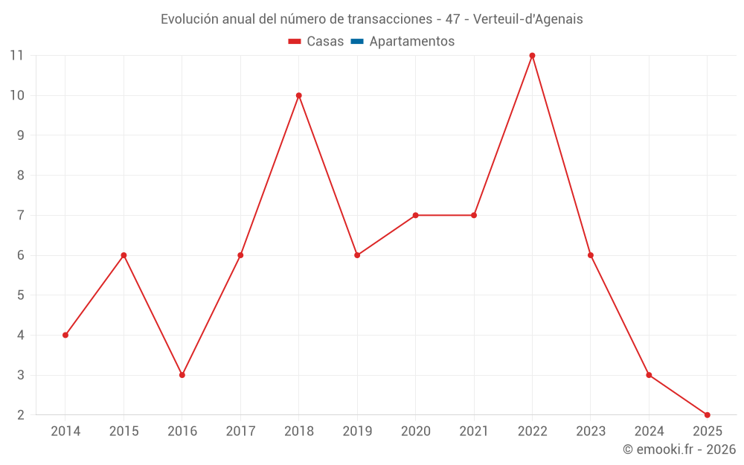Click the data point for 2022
(x=532, y=55)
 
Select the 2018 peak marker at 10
(x=298, y=95)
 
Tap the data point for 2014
(x=65, y=335)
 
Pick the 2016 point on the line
(x=182, y=375)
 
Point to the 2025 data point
(x=707, y=414)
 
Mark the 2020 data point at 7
(x=415, y=215)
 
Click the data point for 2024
(x=649, y=375)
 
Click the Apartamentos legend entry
(x=411, y=42)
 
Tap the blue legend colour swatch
(x=357, y=42)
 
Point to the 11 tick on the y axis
(x=16, y=55)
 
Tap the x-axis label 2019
(x=357, y=432)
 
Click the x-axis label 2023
(x=591, y=432)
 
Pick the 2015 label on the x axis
(x=124, y=432)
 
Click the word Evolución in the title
(x=189, y=19)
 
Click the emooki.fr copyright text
(x=679, y=449)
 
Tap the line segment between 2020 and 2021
(x=445, y=215)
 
